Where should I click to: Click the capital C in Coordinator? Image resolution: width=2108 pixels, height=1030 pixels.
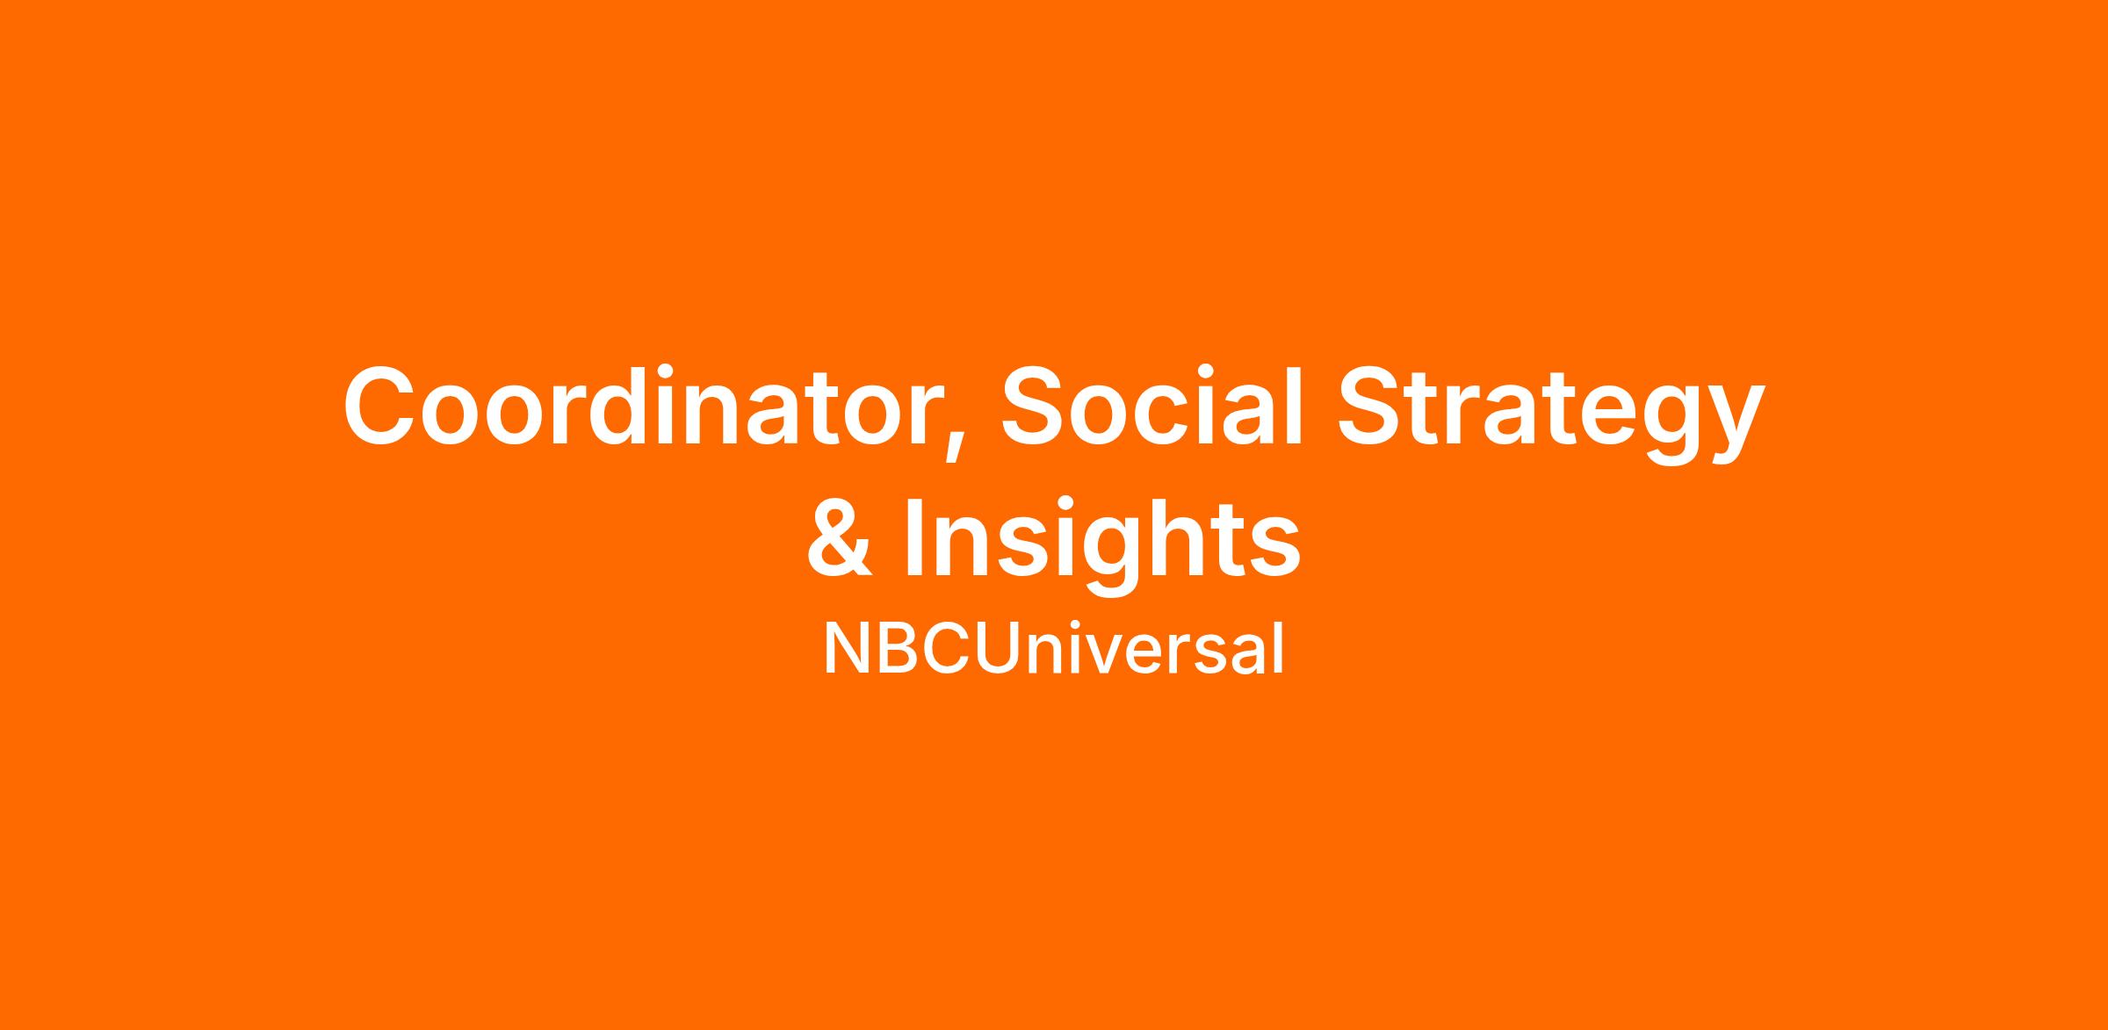[x=380, y=405]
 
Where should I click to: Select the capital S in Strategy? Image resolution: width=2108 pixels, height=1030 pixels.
[x=1372, y=405]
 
